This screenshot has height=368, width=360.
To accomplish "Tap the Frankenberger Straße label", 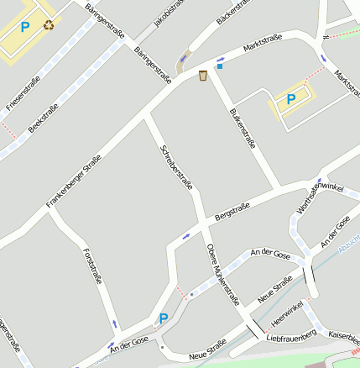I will (74, 180).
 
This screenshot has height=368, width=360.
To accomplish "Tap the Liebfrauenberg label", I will (290, 337).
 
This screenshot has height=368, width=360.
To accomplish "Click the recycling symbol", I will (48, 25).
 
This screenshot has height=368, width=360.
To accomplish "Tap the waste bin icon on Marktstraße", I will (203, 76).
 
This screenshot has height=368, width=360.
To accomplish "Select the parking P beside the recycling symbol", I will (25, 27).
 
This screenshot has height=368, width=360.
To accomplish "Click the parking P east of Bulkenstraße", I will (291, 98).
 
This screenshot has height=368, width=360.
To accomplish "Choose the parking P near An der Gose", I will (164, 318).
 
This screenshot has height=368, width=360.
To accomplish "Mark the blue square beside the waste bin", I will (220, 66).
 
